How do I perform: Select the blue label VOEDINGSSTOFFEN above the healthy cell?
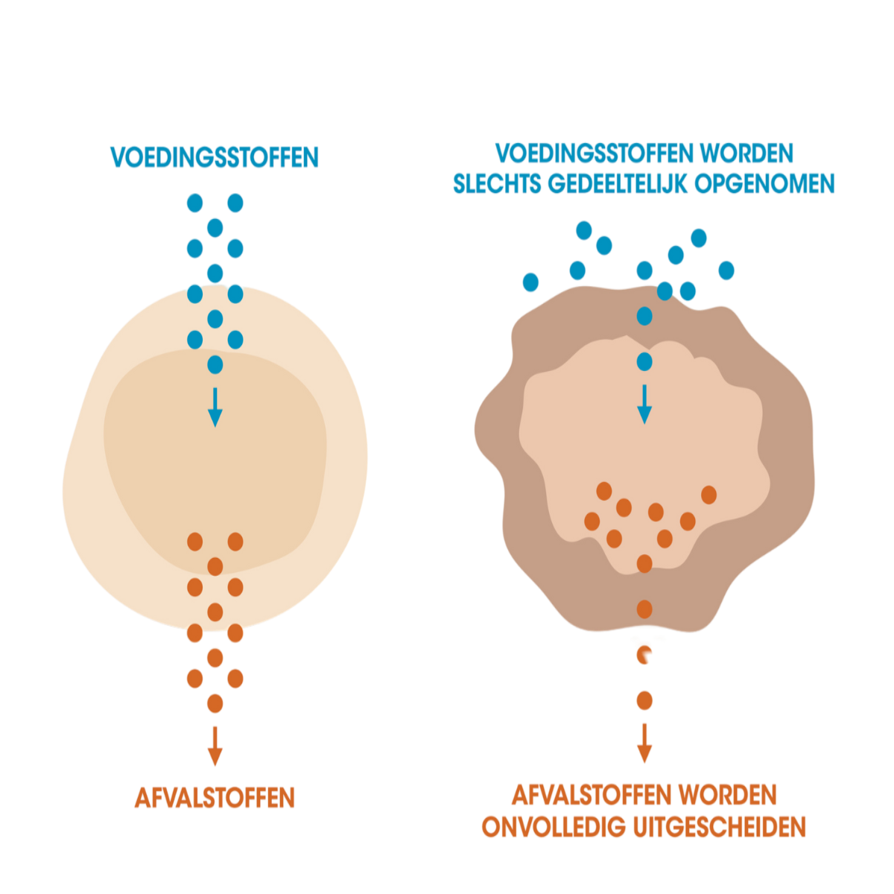pos(215,157)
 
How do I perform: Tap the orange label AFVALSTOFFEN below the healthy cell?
pos(215,798)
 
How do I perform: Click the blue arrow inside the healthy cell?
pos(215,407)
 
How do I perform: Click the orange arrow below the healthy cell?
pos(215,746)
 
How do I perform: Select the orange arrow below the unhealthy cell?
pos(644,743)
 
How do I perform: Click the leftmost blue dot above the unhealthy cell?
pos(530,282)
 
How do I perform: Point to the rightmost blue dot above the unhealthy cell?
pos(726,270)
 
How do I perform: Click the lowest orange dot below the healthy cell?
pos(215,703)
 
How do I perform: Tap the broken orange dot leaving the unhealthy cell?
pos(643,655)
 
